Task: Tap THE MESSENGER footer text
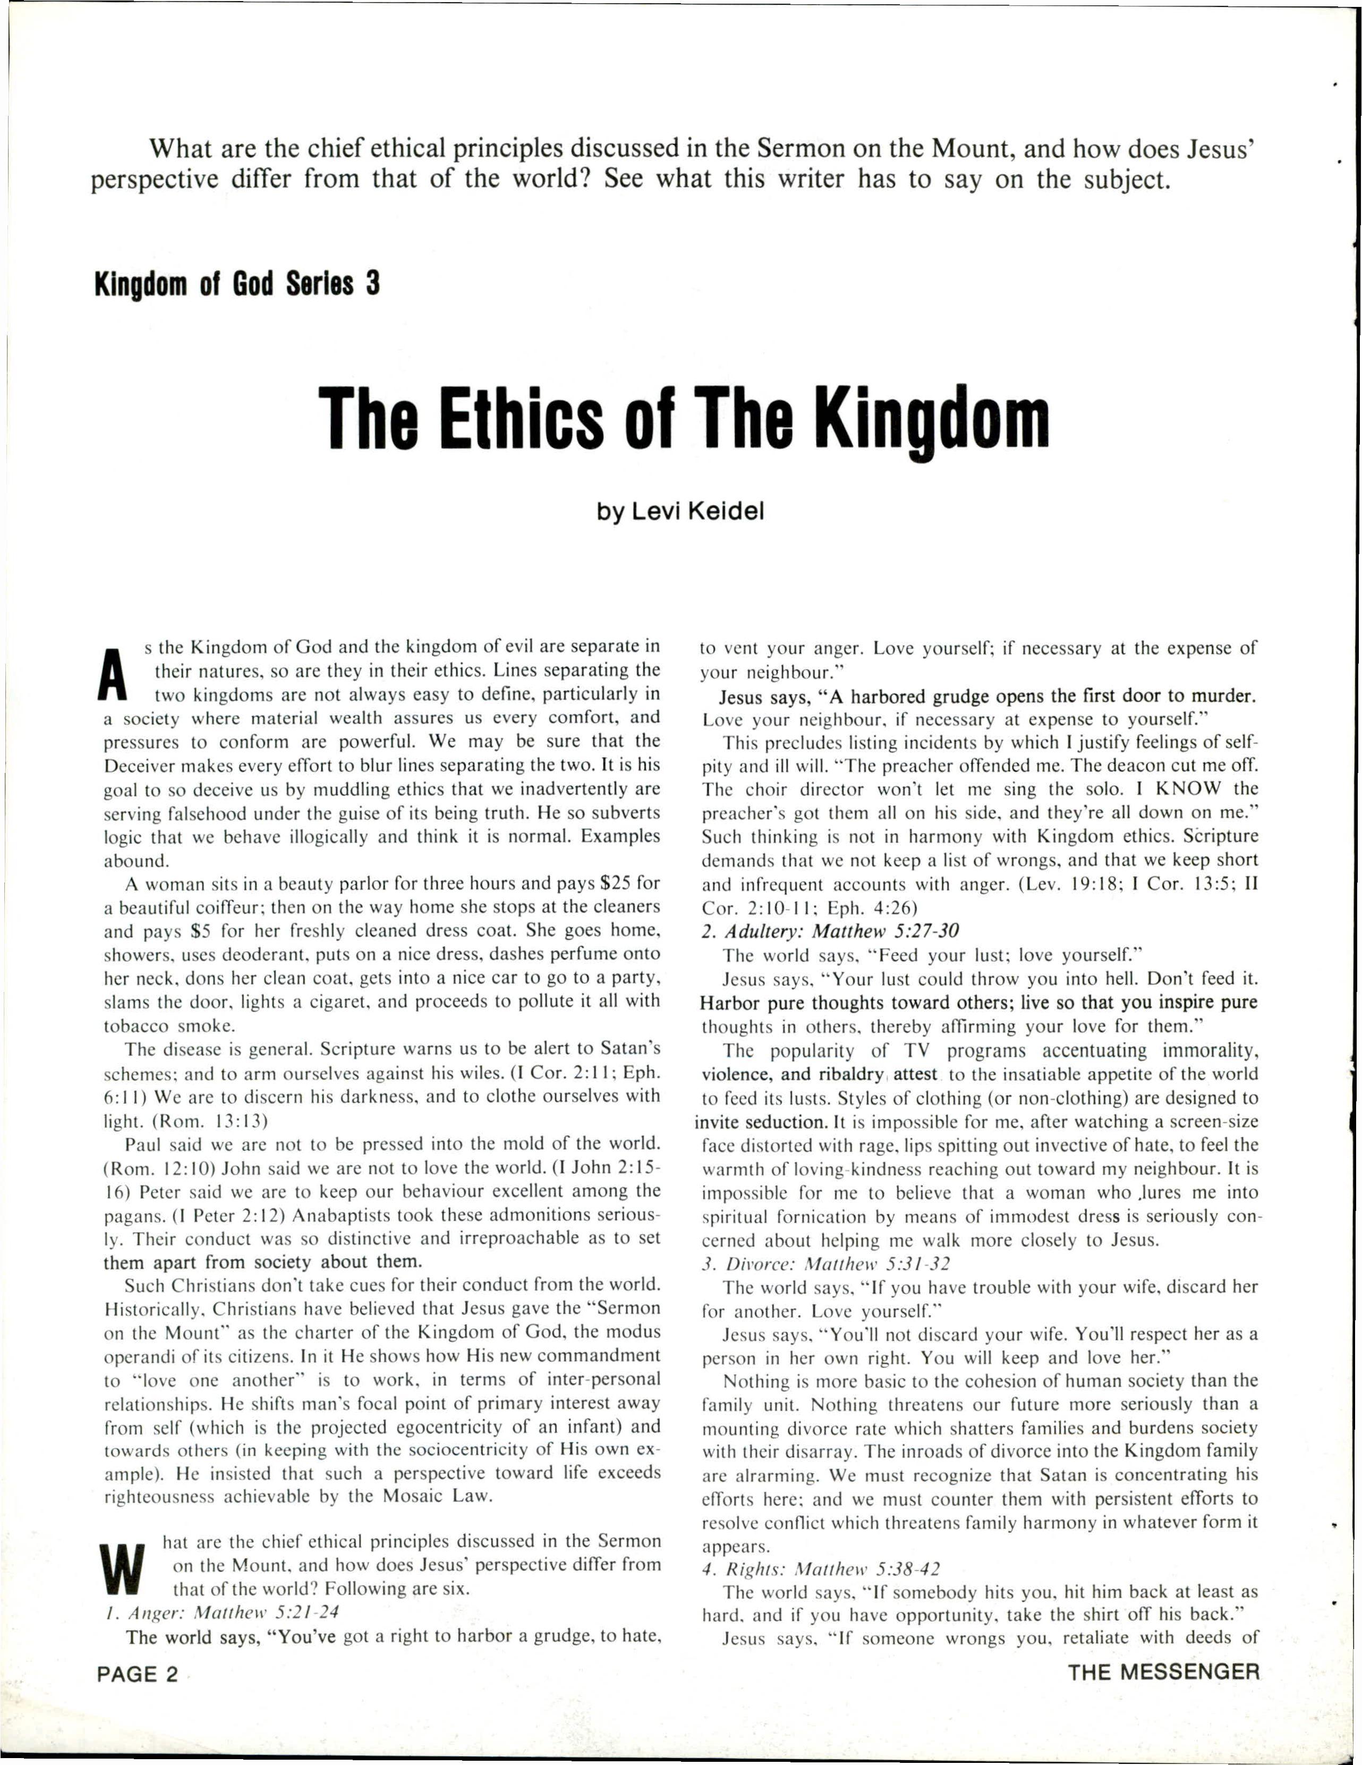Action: pos(1163,1672)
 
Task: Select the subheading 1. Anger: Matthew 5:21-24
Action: pos(222,1613)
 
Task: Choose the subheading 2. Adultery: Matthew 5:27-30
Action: pos(830,931)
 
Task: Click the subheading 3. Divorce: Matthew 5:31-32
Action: pos(825,1264)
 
